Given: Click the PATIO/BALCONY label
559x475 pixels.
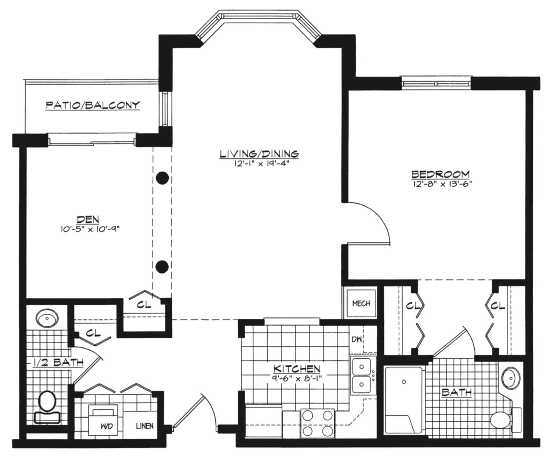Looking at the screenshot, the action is (93, 105).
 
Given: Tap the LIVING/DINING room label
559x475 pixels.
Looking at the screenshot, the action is (259, 153).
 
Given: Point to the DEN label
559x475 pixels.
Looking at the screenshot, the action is (88, 219).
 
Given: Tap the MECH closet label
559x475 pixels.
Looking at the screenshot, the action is (361, 303).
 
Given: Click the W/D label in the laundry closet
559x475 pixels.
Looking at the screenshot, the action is (106, 426).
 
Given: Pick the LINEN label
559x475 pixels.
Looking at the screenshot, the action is (145, 426).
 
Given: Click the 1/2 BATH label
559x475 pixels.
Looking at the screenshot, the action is (58, 362).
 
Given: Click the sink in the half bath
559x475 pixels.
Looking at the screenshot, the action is (47, 318).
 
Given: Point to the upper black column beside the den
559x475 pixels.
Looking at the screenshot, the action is (162, 178).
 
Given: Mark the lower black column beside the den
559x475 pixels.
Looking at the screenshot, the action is (162, 267).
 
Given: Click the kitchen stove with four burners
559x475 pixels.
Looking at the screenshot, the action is (317, 423).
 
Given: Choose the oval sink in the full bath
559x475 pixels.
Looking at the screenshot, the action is (511, 378).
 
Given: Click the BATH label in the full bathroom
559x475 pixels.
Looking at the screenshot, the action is (457, 392).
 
